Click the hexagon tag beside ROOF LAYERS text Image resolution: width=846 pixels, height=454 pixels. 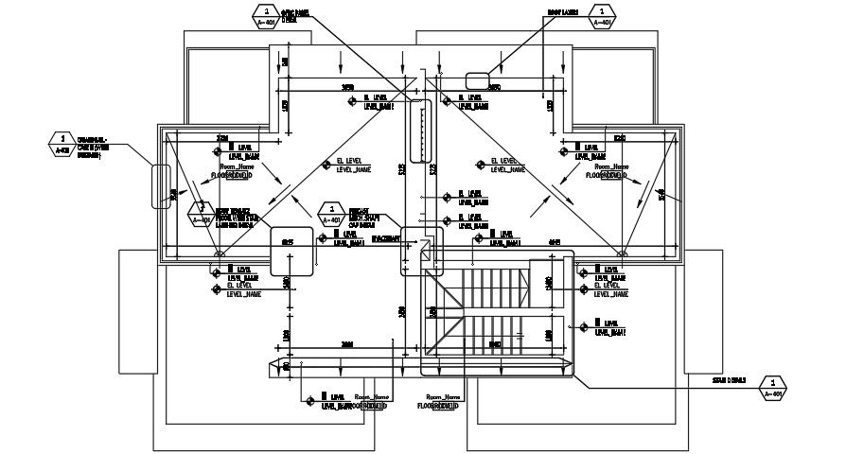[603, 14]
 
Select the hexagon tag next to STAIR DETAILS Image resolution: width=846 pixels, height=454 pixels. [773, 388]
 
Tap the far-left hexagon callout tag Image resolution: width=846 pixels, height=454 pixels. [62, 144]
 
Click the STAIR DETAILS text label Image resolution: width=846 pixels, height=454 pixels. [730, 380]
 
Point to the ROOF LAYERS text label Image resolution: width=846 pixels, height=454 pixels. [560, 14]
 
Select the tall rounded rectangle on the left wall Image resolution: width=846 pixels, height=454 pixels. [161, 186]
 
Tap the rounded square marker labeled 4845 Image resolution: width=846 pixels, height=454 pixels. [291, 251]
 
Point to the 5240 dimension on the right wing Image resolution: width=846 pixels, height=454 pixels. [620, 139]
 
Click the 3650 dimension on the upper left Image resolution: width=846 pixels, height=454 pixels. [348, 88]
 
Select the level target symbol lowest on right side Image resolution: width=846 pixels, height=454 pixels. [584, 327]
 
